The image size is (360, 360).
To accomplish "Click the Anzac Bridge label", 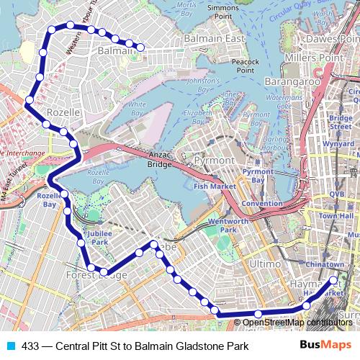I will point(158,158).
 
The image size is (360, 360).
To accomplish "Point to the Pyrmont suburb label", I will point(214,159).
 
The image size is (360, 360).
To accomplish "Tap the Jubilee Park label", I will point(101,238).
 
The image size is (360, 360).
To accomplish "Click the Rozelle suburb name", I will point(60,113).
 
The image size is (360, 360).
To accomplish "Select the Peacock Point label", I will point(246,66).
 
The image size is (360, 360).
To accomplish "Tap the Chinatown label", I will point(325,265).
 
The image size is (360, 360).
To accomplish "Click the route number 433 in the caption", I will point(31,346).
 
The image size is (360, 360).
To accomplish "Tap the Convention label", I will point(261,204).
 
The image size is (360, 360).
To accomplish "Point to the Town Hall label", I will point(336,215).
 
